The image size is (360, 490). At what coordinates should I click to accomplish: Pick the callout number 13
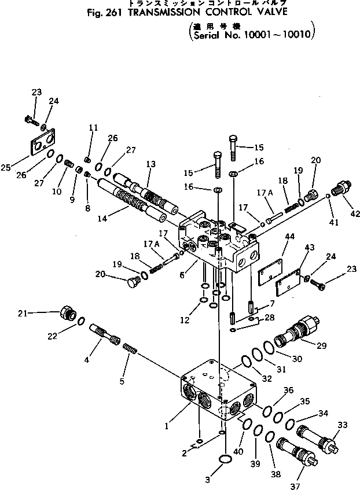150,164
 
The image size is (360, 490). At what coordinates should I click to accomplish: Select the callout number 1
166,427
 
